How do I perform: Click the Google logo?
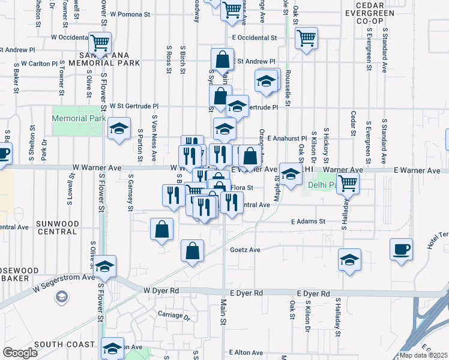coord(20,353)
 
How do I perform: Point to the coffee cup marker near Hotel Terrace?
coord(401,249)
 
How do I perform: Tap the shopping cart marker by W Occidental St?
coord(100,43)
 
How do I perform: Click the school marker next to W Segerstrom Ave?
coord(105,267)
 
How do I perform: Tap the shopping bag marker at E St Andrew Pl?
coord(222,61)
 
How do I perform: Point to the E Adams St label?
coord(308,221)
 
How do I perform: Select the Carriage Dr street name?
coord(173,314)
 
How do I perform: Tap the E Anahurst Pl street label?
coord(288,138)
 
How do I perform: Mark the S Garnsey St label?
coord(130,194)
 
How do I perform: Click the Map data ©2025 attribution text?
coord(424,355)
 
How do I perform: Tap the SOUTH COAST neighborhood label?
coord(64,344)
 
